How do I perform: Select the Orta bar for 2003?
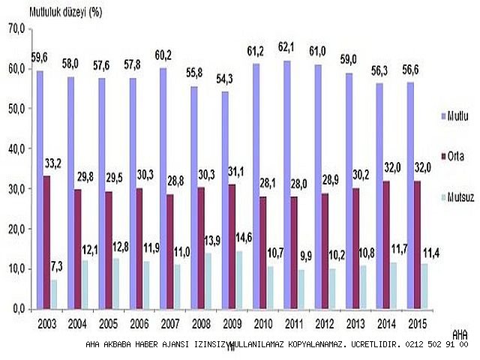[x=46, y=242]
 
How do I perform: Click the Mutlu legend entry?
[x=454, y=117]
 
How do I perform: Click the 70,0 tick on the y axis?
[x=16, y=28]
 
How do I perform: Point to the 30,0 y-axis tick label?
[x=16, y=189]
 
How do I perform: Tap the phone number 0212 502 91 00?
[x=436, y=345]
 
